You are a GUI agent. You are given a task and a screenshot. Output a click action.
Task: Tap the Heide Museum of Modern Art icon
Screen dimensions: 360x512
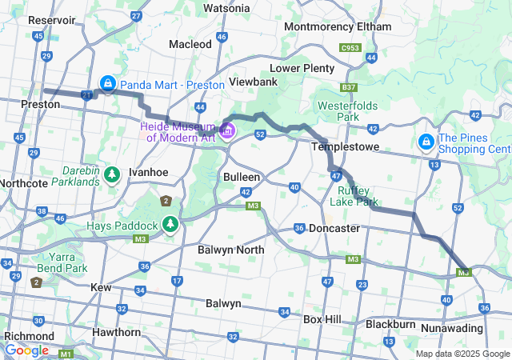coord(228,130)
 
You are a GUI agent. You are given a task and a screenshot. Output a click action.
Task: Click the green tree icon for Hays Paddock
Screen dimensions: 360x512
coord(170,224)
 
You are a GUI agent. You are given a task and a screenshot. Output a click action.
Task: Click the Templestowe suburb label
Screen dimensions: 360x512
coord(342,147)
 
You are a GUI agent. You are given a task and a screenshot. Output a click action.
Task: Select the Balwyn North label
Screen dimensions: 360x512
coord(230,250)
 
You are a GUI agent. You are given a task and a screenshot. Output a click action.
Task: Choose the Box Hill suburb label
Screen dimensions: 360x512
coord(322,319)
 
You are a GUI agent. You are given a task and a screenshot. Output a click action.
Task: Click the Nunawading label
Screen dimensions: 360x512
coord(452,328)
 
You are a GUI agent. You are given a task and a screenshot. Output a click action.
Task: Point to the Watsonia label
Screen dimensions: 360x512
coord(226,8)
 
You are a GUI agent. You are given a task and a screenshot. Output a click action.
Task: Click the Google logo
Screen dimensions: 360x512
coord(26,350)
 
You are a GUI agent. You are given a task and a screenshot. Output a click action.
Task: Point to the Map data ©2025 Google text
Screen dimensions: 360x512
coord(462,354)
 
